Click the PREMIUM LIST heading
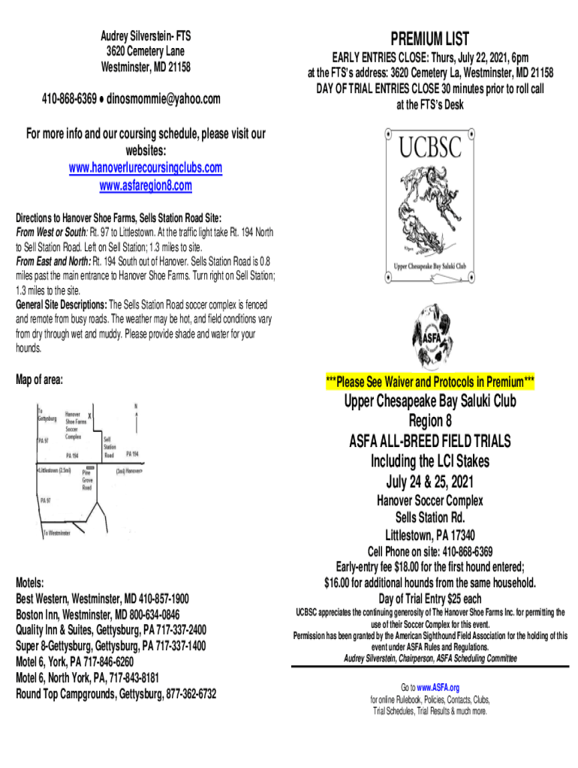[430, 39]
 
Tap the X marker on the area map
[90, 415]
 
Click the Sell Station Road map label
[110, 447]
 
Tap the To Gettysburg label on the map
[47, 415]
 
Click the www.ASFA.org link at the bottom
[439, 687]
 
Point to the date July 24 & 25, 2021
[430, 481]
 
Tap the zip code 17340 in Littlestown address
[459, 535]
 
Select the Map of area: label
[39, 380]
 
